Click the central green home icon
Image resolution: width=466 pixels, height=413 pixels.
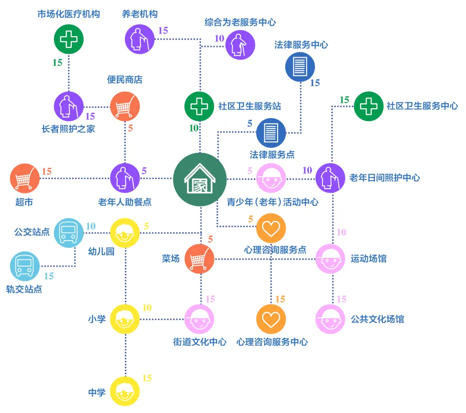click(200, 179)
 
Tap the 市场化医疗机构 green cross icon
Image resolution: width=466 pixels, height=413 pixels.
click(69, 39)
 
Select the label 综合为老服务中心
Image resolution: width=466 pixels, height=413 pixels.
click(240, 22)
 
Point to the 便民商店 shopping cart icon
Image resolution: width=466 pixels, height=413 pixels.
click(125, 107)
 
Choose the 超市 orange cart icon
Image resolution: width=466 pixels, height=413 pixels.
click(25, 178)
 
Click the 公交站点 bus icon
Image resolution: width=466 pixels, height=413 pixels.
click(69, 233)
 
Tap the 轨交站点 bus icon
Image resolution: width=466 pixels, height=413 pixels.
click(25, 266)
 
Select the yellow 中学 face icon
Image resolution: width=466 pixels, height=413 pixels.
click(125, 391)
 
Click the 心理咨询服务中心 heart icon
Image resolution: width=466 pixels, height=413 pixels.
click(271, 319)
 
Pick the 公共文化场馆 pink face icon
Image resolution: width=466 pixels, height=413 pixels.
click(330, 319)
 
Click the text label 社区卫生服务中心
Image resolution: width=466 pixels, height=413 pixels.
click(422, 106)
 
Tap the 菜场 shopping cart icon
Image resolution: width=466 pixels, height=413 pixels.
click(200, 259)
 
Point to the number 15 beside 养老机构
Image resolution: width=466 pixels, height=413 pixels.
click(163, 31)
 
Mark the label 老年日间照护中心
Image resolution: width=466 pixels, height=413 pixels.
click(385, 178)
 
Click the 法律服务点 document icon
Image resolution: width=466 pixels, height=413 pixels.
click(271, 133)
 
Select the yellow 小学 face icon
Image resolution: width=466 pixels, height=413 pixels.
click(125, 319)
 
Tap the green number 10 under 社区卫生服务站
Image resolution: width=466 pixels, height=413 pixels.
click(193, 128)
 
